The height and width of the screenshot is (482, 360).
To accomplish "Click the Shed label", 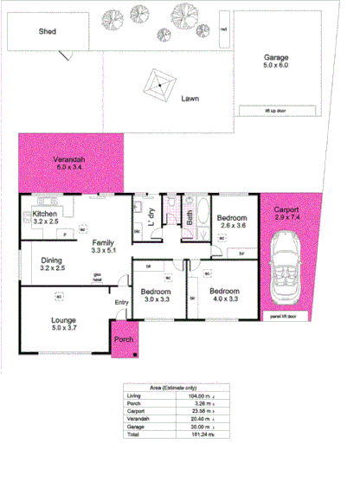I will (x=48, y=32).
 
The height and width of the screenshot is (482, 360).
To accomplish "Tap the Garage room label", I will (x=275, y=58).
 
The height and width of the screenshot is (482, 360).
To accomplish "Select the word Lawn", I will (x=191, y=99).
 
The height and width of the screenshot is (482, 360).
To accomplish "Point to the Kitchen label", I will (x=44, y=214).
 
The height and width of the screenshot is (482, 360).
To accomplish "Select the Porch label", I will (x=125, y=340).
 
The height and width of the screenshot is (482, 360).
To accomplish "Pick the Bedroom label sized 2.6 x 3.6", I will (x=233, y=218).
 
